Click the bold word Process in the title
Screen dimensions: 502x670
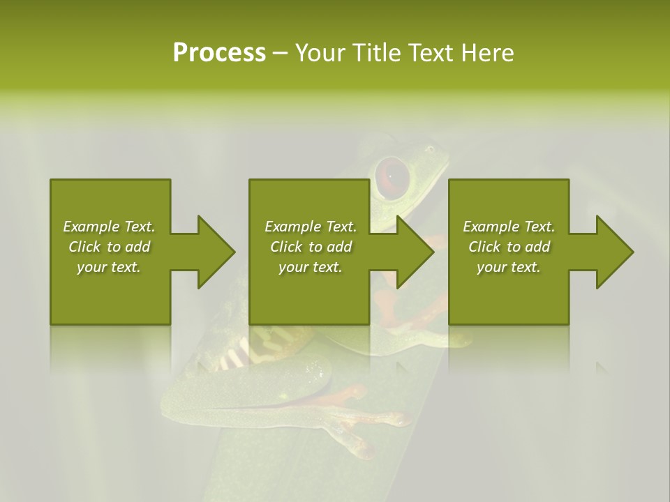(x=219, y=53)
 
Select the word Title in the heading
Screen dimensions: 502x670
(x=375, y=53)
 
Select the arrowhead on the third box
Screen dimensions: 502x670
(x=613, y=252)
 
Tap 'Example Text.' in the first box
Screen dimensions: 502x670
(x=109, y=227)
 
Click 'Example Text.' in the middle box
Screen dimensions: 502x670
(x=311, y=227)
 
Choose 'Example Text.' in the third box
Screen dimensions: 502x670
(x=509, y=227)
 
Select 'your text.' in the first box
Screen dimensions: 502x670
(x=109, y=267)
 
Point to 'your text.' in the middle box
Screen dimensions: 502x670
(x=311, y=267)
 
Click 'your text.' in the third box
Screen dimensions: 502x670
(x=509, y=267)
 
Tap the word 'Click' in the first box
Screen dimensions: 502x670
(x=84, y=247)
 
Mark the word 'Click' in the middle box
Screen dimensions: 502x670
(x=286, y=247)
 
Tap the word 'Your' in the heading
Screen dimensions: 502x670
(x=320, y=53)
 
